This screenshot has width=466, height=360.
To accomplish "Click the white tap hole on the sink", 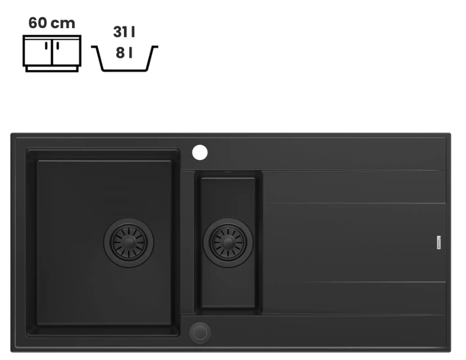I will (200, 152).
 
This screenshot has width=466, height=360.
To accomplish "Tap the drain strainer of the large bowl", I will (128, 242).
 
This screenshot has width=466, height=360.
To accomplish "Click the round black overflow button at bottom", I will (200, 333).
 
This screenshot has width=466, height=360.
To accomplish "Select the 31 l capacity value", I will (124, 33).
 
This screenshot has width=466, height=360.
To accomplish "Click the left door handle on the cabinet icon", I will (47, 47).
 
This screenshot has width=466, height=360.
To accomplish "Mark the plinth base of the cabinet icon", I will (51, 69).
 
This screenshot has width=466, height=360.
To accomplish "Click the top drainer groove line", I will (351, 171).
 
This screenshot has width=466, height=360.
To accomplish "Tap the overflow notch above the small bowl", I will (228, 173).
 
